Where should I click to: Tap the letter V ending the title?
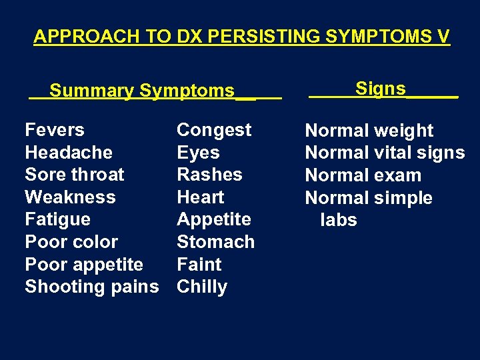(x=443, y=36)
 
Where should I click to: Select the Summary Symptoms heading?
(x=142, y=91)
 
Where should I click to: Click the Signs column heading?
(x=381, y=89)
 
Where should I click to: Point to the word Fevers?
(x=55, y=130)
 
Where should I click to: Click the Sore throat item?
(x=75, y=175)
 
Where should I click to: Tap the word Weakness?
(x=70, y=197)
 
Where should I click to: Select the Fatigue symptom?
(x=57, y=219)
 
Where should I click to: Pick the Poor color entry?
(x=71, y=242)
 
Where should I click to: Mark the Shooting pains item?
(x=92, y=287)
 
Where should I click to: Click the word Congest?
(x=214, y=130)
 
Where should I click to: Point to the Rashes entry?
(x=209, y=175)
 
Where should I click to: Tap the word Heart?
(x=200, y=197)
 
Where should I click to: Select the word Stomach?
(x=215, y=242)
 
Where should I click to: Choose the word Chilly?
(x=202, y=287)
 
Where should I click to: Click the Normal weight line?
(x=369, y=131)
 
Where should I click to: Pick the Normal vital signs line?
(x=385, y=153)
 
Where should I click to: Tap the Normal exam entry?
(x=363, y=175)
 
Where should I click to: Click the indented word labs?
(x=339, y=220)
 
